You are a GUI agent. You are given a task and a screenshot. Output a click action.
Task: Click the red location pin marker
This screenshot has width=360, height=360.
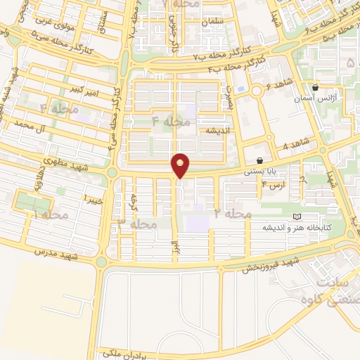click(x=181, y=165)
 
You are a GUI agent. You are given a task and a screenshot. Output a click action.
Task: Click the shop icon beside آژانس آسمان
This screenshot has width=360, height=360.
click(x=316, y=88)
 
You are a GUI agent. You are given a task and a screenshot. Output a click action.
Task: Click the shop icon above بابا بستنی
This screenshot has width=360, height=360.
click(x=260, y=160)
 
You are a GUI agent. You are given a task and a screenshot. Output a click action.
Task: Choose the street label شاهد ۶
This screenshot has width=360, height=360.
click(x=278, y=87)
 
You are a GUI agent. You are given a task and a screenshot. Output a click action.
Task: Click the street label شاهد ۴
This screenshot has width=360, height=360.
click(x=295, y=146)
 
